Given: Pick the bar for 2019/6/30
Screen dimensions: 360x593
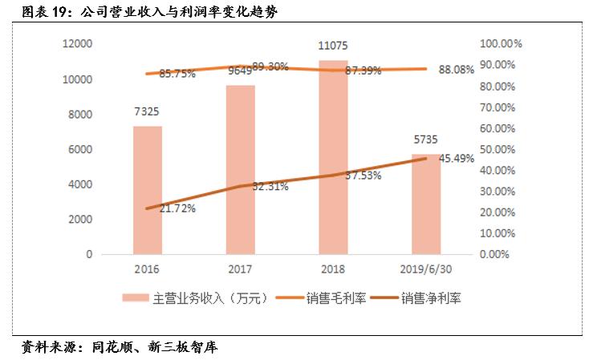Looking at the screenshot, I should tap(426, 204).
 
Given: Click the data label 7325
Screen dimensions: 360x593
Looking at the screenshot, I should tap(147, 113).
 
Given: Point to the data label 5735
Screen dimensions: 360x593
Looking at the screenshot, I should tap(426, 141).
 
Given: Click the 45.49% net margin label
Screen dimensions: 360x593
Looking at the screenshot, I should tap(457, 159).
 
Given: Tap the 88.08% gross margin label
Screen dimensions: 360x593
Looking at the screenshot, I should tap(457, 69).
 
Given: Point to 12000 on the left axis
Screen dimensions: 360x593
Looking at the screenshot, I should tap(78, 44).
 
